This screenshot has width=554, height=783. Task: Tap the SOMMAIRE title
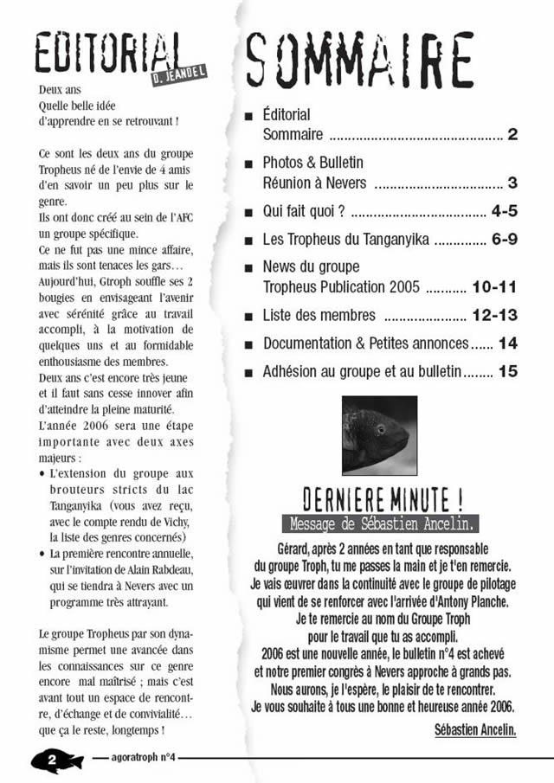point(360,61)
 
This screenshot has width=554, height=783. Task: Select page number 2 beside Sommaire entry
point(512,135)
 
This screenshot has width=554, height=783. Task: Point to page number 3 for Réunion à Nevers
point(512,183)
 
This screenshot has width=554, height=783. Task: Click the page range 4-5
point(503,210)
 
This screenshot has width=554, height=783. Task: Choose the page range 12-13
point(494,315)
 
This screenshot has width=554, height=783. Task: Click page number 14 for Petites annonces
point(507,343)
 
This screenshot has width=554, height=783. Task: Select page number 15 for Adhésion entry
point(507,372)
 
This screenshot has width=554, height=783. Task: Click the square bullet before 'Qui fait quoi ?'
point(249,211)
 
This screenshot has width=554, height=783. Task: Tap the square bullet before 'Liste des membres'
point(249,316)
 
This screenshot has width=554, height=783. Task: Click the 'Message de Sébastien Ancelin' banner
point(380,523)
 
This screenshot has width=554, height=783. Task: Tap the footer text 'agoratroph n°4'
point(144,759)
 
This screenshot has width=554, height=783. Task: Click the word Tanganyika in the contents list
point(388,240)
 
